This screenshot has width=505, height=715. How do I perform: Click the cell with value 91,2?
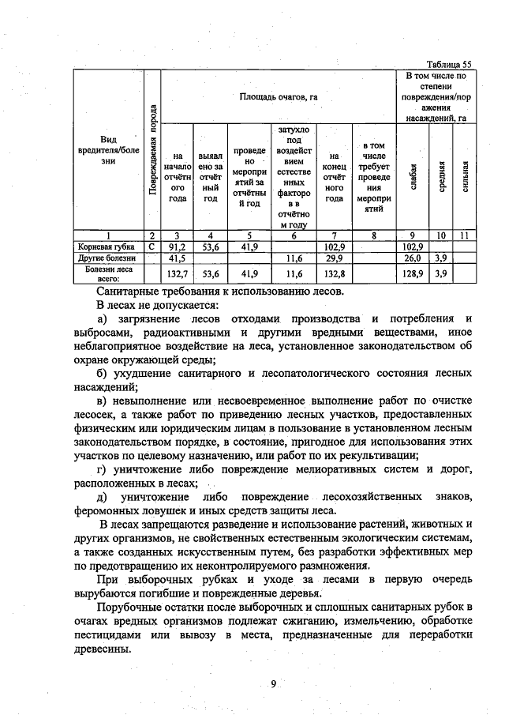(178, 246)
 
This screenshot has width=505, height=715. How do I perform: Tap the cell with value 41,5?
(178, 258)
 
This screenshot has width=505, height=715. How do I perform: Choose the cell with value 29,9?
(335, 258)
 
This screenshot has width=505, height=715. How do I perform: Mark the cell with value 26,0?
(413, 258)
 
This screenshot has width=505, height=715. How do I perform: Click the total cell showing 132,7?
(178, 273)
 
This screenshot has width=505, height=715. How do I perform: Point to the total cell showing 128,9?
(413, 273)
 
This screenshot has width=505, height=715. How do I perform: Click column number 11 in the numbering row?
(466, 235)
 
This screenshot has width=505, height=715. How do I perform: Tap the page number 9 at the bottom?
(272, 685)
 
